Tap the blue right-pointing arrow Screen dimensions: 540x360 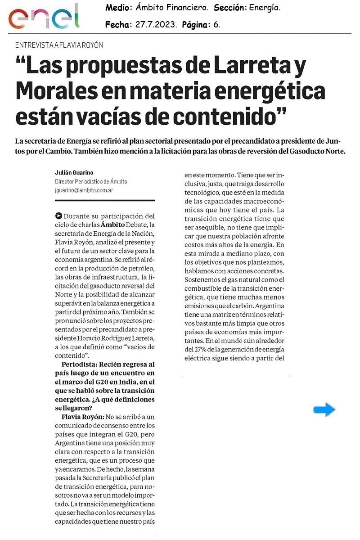pos(324,409)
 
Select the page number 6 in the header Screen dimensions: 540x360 pos(217,25)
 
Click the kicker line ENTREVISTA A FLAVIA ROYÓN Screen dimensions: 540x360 pos(59,45)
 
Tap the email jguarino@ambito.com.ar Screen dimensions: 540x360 pos(84,190)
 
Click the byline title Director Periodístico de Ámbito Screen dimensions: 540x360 pos(91,182)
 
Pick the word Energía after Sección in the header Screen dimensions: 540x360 pos(264,8)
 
